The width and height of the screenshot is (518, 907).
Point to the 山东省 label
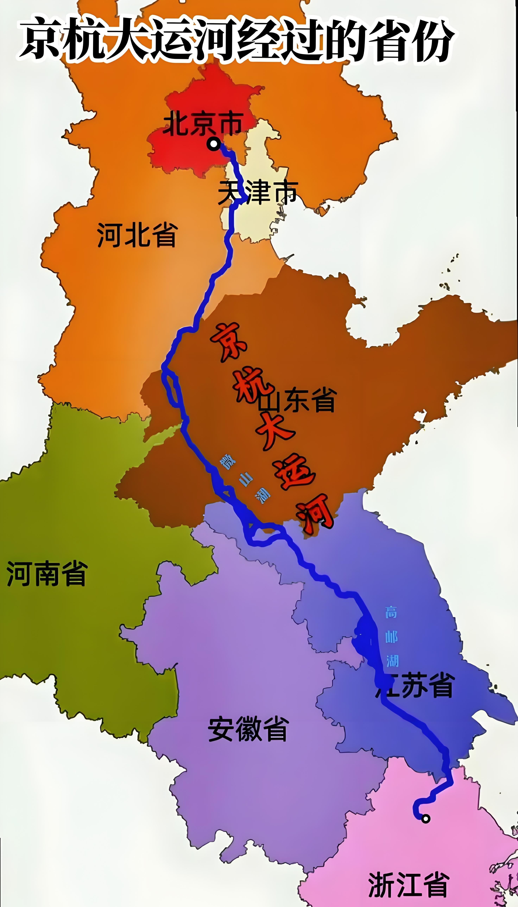point(297,400)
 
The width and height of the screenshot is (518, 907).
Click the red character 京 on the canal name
point(229,342)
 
